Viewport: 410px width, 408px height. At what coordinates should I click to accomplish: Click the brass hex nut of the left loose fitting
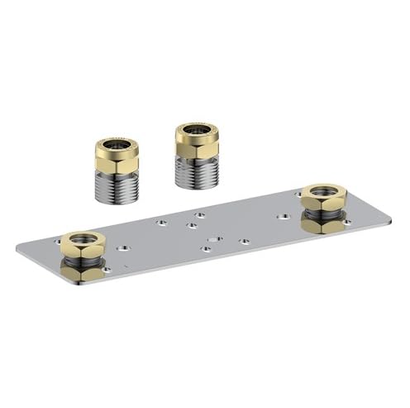pos(117,161)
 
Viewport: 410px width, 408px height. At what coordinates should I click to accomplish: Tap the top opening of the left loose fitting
pos(117,145)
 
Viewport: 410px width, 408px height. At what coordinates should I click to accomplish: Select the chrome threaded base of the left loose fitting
pos(117,187)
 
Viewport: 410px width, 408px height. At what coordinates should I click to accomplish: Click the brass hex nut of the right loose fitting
pos(196,146)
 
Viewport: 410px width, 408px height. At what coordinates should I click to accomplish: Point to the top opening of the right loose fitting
pos(197,130)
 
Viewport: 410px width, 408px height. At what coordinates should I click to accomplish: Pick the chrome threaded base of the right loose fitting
pos(196,172)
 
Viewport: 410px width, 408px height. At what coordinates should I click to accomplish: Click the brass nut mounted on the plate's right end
pos(323,199)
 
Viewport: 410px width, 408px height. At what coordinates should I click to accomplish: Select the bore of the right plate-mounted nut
pos(323,192)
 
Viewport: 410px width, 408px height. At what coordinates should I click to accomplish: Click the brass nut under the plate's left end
pos(83,271)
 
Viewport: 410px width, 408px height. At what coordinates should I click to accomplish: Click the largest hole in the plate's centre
pos(215,238)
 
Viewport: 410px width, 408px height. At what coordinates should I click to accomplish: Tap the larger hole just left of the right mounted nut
pos(284,216)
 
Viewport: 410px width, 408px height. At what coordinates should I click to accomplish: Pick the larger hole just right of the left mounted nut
pos(123,247)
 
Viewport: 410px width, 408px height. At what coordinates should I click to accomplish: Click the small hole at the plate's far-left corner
pos(57,241)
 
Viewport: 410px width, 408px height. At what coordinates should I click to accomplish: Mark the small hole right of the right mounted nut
pos(346,222)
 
